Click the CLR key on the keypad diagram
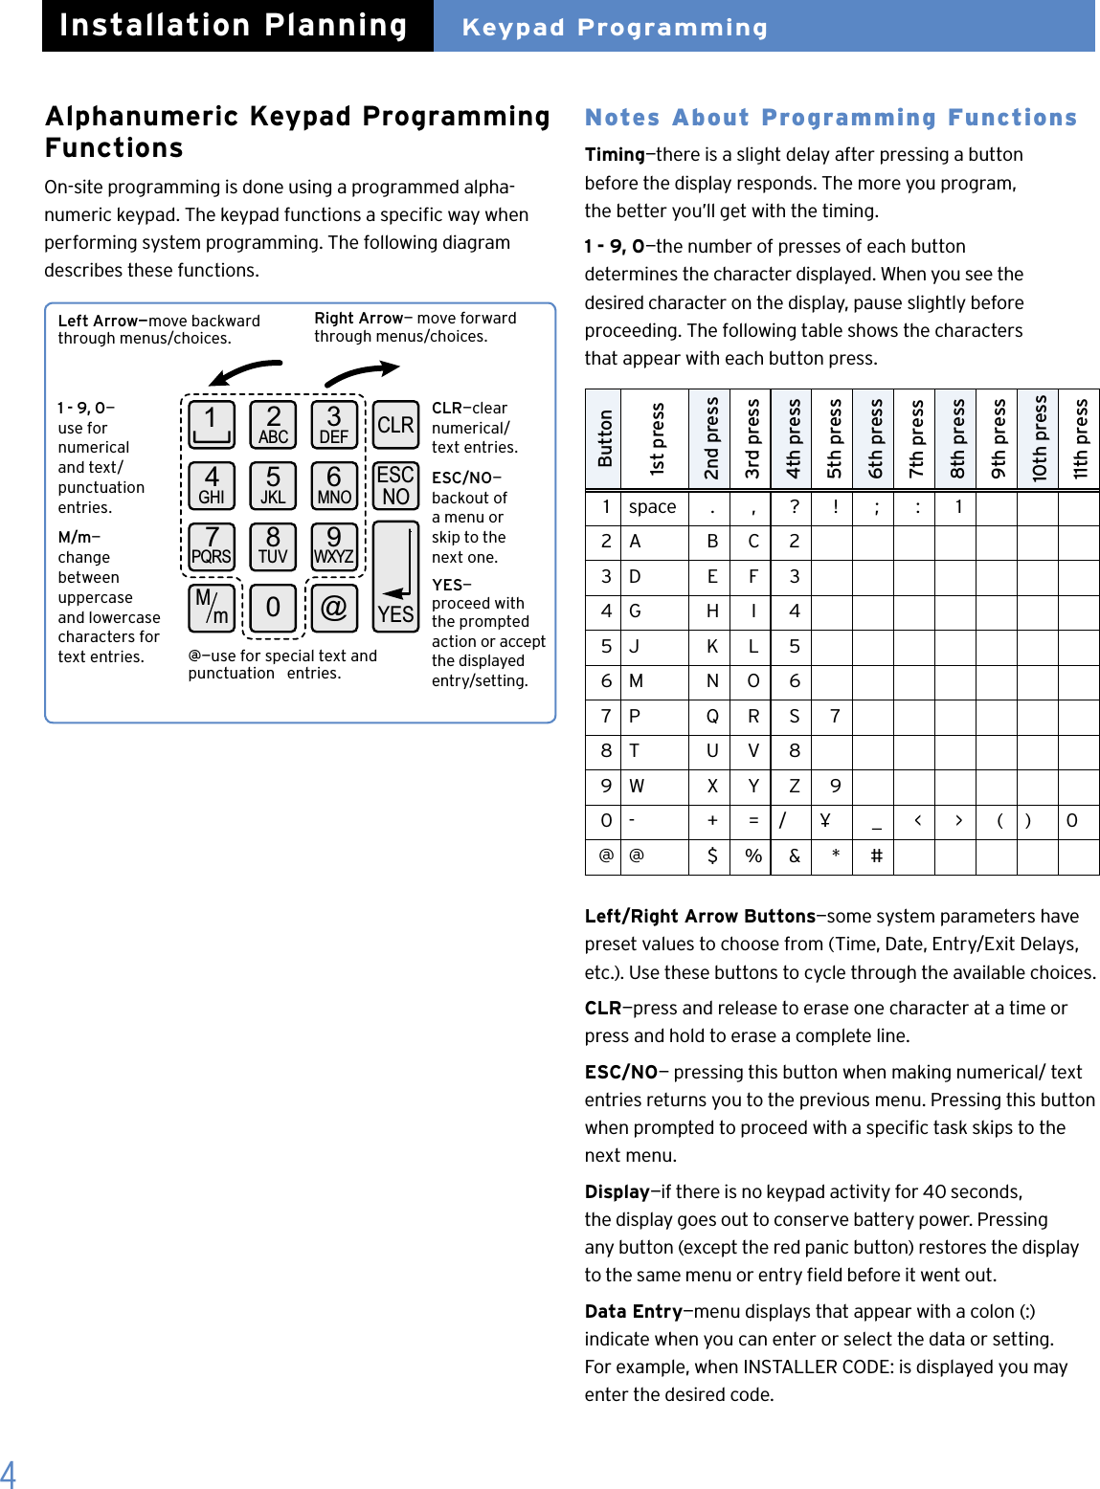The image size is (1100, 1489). pyautogui.click(x=395, y=425)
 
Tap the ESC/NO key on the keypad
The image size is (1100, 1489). pyautogui.click(x=395, y=486)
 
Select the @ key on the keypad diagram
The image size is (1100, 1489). pyautogui.click(x=333, y=608)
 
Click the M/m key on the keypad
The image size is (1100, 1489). pyautogui.click(x=212, y=608)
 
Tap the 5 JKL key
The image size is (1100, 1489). pyautogui.click(x=273, y=486)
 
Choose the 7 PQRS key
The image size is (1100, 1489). pyautogui.click(x=212, y=546)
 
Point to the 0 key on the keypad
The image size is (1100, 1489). pyautogui.click(x=273, y=608)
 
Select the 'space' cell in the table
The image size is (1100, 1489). pyautogui.click(x=652, y=507)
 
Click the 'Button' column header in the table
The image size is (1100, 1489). pyautogui.click(x=604, y=438)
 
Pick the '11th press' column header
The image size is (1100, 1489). pyautogui.click(x=1080, y=438)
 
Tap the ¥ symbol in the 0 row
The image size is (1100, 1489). pyautogui.click(x=824, y=820)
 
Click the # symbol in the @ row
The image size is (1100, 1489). pyautogui.click(x=876, y=856)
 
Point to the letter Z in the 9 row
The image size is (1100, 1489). pyautogui.click(x=794, y=786)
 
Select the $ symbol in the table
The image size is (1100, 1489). pyautogui.click(x=711, y=856)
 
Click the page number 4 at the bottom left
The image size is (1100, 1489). pyautogui.click(x=9, y=1473)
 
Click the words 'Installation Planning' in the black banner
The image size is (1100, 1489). pyautogui.click(x=234, y=26)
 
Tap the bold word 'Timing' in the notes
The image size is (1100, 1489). pyautogui.click(x=615, y=155)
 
